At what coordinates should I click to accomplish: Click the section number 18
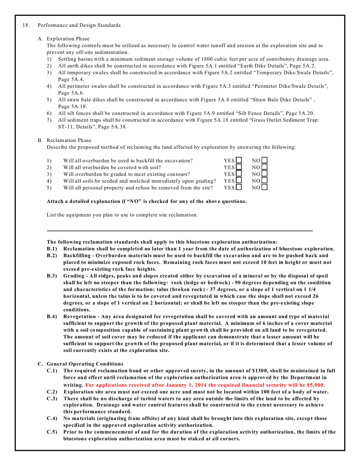[26, 25]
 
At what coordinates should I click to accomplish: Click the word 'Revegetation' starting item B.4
[81, 316]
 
